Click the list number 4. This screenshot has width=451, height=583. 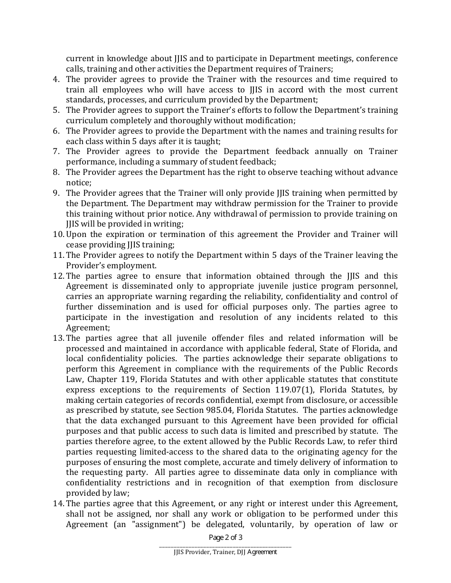(x=56, y=80)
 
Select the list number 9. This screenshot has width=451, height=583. (x=56, y=193)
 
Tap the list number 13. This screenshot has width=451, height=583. (x=58, y=338)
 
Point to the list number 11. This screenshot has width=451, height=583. (x=58, y=255)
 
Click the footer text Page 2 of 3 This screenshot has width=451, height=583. (x=225, y=537)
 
